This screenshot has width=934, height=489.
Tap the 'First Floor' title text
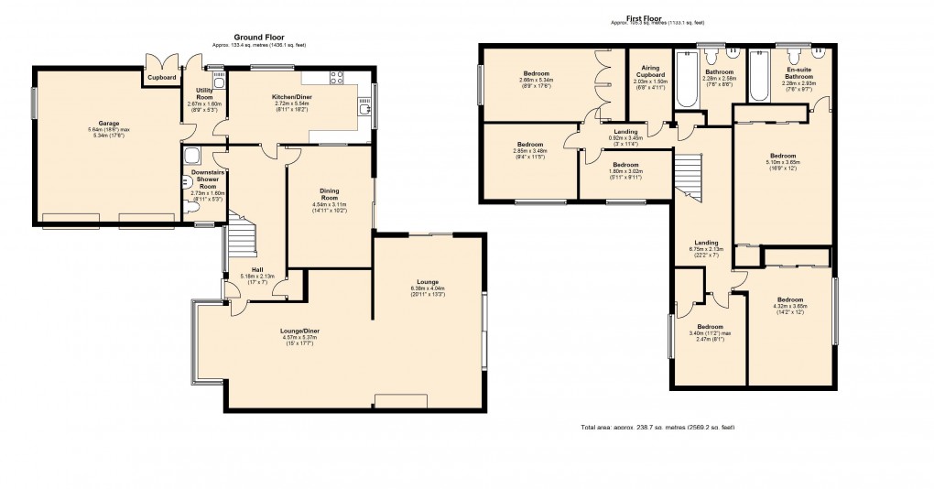coord(645,17)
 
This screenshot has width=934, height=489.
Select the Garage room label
coord(109,123)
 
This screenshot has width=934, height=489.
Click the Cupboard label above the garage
coord(163,78)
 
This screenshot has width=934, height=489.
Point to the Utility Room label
coord(204,93)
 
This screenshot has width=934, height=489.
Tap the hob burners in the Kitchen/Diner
coord(336,77)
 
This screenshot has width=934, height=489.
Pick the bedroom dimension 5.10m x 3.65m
coord(783,162)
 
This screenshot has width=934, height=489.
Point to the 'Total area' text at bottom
coord(657,428)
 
